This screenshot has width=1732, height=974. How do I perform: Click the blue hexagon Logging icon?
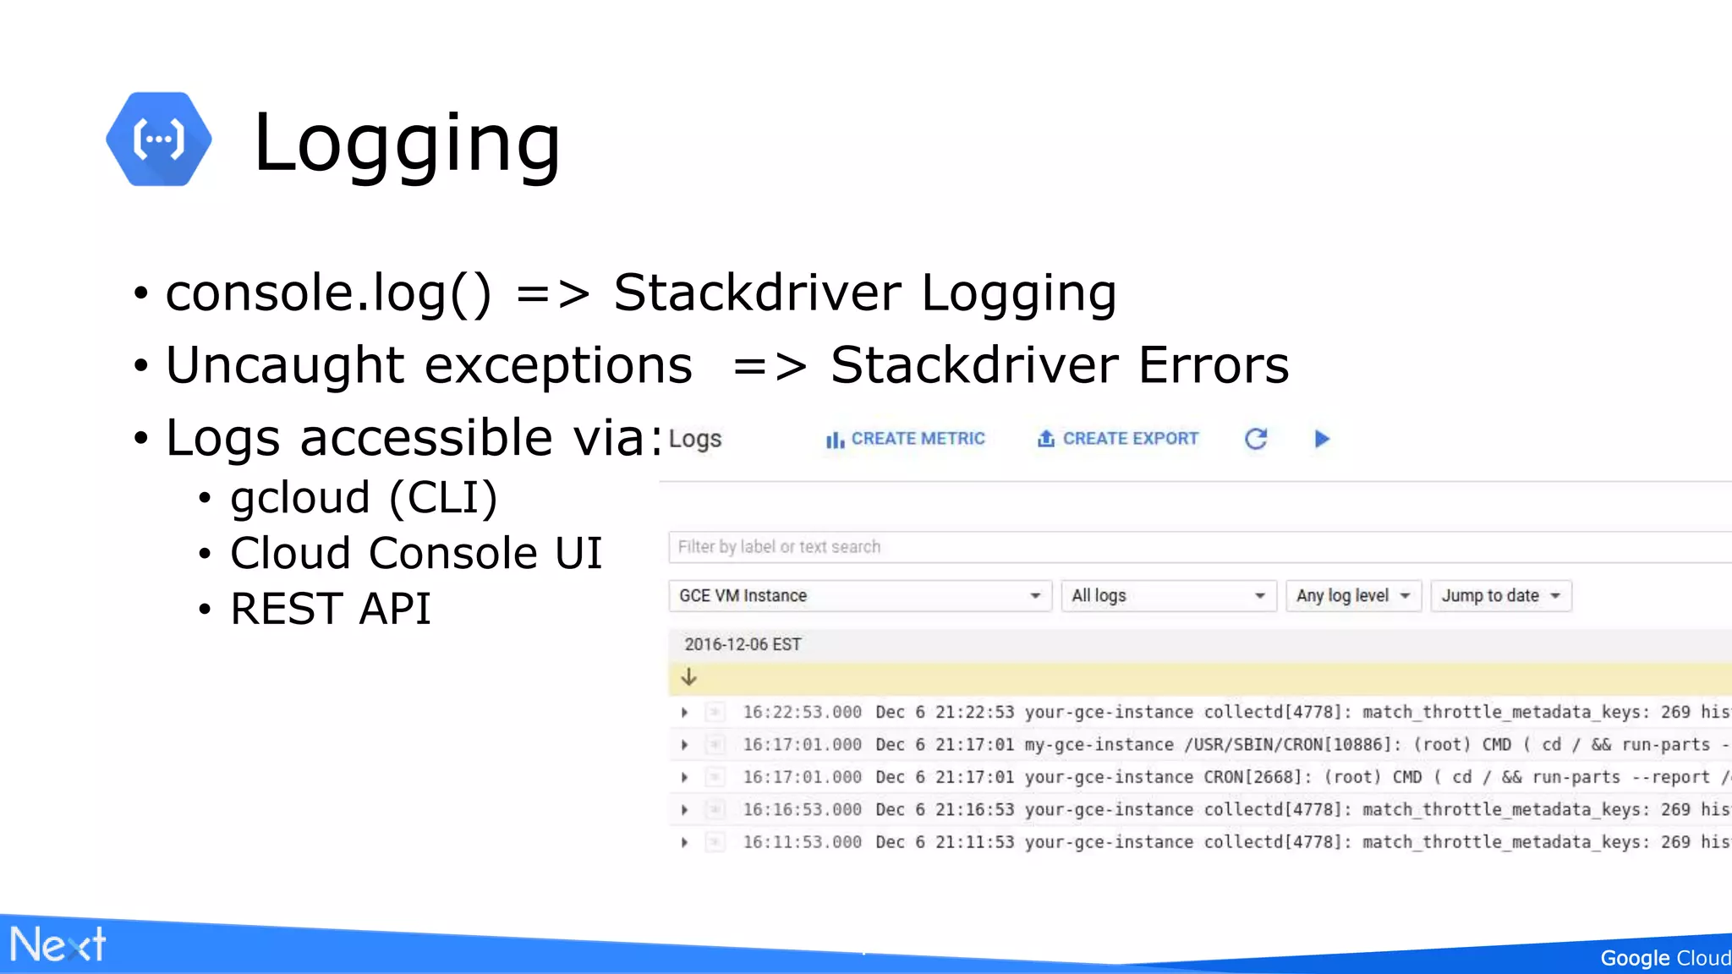tap(159, 140)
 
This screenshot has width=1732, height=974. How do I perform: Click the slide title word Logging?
tap(407, 143)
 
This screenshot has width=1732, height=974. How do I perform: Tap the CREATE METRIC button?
tap(906, 439)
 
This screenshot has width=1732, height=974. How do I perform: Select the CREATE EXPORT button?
tap(1118, 439)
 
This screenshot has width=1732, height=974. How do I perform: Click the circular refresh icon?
tap(1256, 439)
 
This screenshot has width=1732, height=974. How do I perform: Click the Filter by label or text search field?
tap(1184, 547)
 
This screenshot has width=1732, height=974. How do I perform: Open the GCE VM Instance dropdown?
tap(859, 596)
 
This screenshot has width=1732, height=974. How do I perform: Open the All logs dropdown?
tap(1168, 596)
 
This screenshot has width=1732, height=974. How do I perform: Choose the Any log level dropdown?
tap(1352, 596)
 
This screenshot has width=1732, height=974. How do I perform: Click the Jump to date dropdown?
tap(1500, 596)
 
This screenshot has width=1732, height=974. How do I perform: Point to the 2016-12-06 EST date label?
tap(743, 644)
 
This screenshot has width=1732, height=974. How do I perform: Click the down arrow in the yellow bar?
tap(689, 677)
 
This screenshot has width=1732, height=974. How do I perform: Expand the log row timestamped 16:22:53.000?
tap(685, 713)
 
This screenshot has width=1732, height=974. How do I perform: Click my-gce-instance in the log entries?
tap(1099, 745)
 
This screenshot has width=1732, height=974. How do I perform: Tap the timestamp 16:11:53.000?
tap(802, 842)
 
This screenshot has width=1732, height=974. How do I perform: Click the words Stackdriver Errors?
tap(1060, 365)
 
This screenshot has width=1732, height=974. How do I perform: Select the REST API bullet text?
tap(331, 609)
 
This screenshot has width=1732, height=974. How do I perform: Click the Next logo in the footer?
tap(58, 944)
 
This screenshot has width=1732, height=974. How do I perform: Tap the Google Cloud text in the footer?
tap(1664, 958)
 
